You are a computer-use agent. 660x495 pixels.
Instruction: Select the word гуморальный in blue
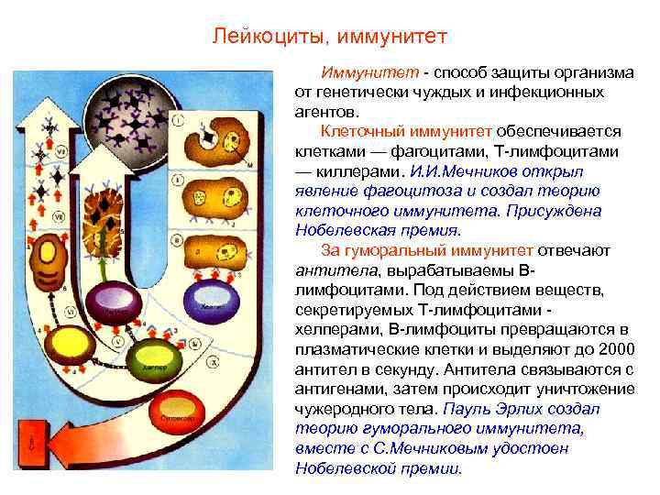pyautogui.click(x=392, y=251)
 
